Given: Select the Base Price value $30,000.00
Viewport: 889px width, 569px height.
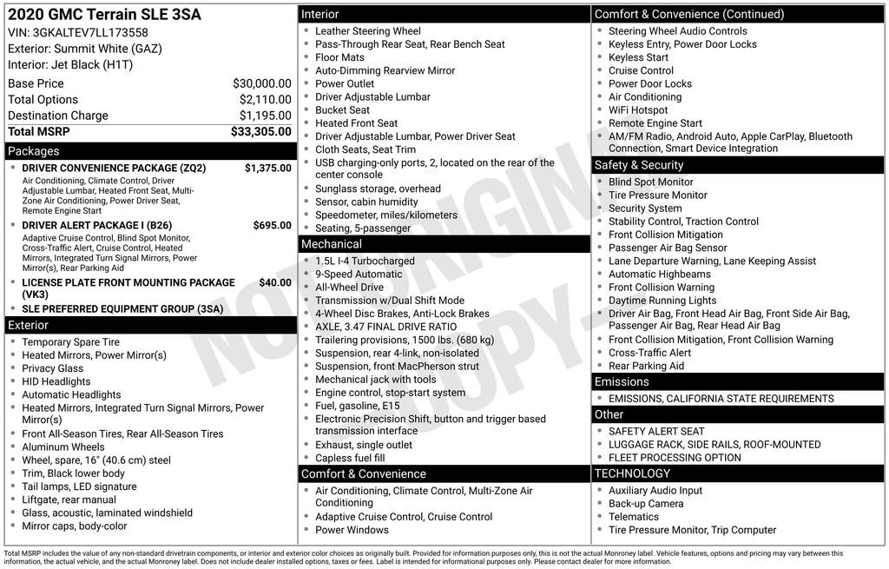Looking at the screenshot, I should [x=261, y=83].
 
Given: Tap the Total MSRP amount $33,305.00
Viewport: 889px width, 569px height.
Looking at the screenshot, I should [x=260, y=132].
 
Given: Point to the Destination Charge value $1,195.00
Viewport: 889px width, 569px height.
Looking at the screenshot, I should [x=265, y=116].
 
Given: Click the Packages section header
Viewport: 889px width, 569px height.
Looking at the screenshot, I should [x=34, y=151].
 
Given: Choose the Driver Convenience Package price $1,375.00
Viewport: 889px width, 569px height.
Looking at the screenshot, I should [x=267, y=168].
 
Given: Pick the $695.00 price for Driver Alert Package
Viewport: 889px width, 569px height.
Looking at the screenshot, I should [x=272, y=226].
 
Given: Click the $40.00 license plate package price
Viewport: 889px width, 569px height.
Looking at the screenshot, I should [x=275, y=282].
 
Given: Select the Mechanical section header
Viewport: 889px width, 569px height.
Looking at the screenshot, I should [x=332, y=244].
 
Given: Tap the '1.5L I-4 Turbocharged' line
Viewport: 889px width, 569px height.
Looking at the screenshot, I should [x=365, y=261].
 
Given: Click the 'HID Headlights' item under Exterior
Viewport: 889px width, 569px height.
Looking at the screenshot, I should [x=56, y=381].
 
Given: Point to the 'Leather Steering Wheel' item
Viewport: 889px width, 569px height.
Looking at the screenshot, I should [x=367, y=31].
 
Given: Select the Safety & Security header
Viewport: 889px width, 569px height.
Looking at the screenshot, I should [x=639, y=165].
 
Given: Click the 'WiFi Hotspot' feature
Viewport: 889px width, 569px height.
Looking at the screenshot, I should [x=638, y=110].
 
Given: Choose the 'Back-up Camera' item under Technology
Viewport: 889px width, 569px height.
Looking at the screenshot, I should [x=646, y=504].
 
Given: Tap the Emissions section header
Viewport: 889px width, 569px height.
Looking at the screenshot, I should [x=622, y=382].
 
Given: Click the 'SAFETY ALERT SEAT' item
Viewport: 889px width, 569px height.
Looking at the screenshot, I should [x=656, y=431].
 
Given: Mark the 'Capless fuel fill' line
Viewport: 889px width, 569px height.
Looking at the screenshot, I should [x=350, y=458].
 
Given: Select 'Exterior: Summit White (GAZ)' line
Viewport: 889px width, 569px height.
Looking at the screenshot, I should [x=85, y=49].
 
